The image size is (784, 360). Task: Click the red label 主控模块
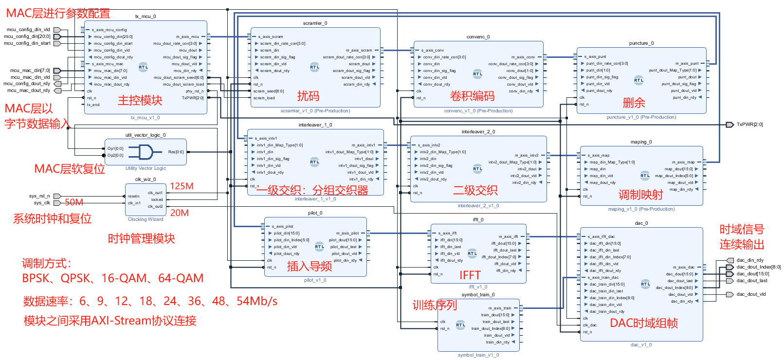tap(140, 101)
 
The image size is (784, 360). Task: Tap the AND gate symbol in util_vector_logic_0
tap(146, 152)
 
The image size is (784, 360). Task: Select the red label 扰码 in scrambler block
tap(308, 96)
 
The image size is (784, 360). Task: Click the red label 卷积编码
tap(472, 96)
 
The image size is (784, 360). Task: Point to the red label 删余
tap(634, 103)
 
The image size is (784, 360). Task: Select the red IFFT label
tap(470, 275)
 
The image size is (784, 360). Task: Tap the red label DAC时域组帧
tap(643, 323)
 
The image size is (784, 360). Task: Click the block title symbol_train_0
tap(478, 295)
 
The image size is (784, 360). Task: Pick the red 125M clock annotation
tap(182, 186)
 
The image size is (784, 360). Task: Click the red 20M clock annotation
tap(179, 213)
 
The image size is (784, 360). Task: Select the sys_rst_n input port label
tap(39, 196)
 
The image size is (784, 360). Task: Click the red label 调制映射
tap(640, 195)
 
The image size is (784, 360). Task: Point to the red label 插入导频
tap(309, 266)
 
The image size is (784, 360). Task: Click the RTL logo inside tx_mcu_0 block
tap(143, 67)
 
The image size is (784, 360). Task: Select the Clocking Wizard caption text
tap(146, 219)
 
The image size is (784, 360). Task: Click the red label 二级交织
tap(475, 190)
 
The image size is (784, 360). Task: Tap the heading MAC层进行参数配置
tap(58, 14)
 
